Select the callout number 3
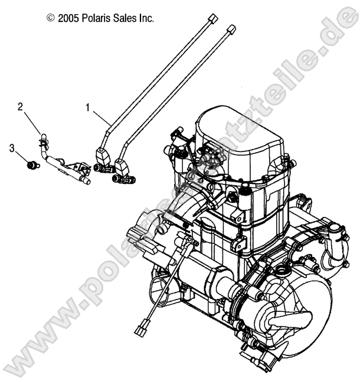[12, 148]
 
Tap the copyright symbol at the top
[51, 18]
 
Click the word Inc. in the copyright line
[146, 18]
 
